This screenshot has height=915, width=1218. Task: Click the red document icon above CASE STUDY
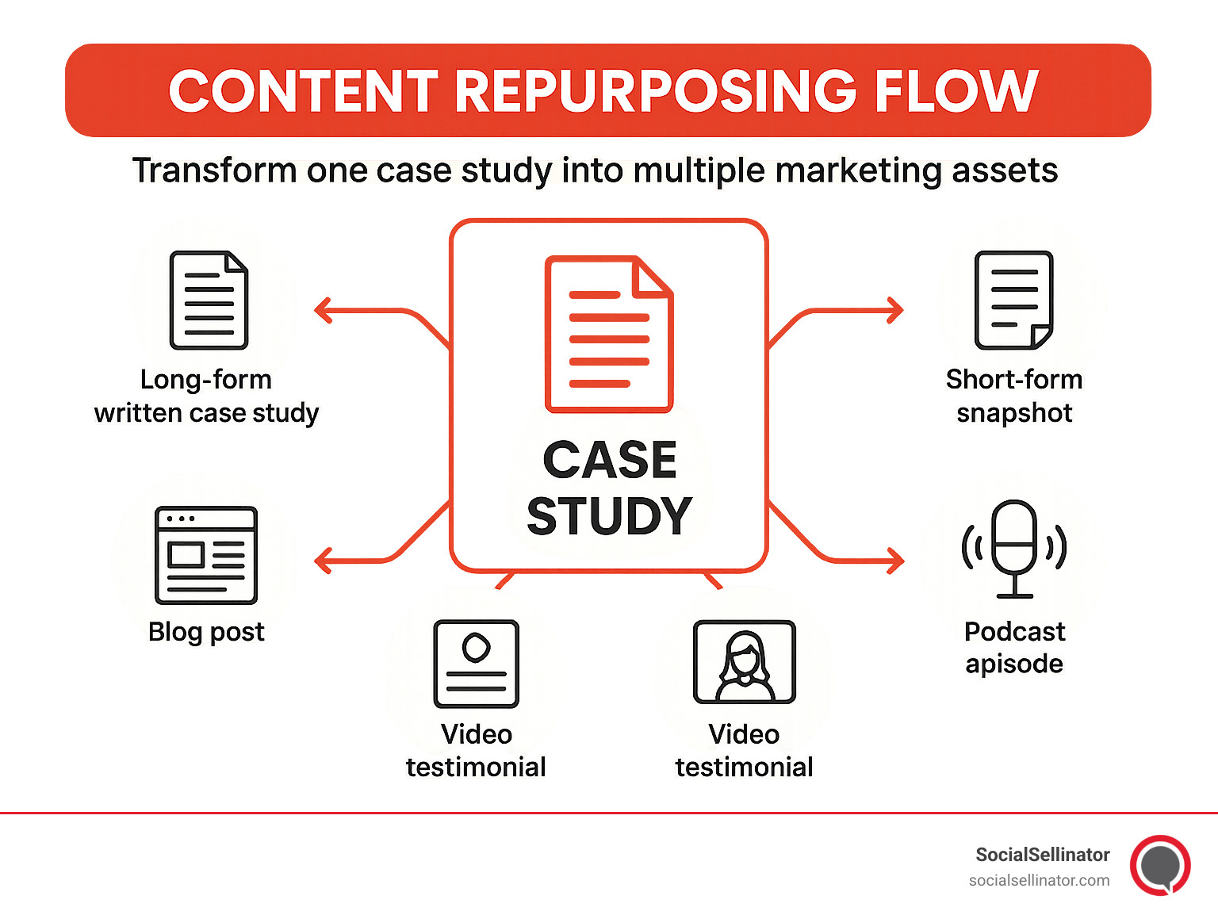[608, 334]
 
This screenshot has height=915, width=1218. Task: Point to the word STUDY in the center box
[609, 516]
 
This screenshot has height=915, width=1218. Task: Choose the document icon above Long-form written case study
[209, 301]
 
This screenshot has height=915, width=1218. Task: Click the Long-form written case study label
[206, 396]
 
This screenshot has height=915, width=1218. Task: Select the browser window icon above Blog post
[206, 555]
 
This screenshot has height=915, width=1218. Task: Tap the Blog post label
[206, 632]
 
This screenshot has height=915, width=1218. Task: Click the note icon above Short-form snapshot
[1013, 301]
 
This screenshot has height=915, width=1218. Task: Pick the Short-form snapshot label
[1014, 396]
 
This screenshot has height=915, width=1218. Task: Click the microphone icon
[1014, 548]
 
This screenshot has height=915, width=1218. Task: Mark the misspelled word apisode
[1014, 664]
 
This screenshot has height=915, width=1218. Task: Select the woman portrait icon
[744, 662]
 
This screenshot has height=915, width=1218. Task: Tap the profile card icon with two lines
[476, 664]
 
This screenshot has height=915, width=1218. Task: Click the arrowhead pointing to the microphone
[895, 561]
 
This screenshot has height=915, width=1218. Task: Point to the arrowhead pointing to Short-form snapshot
[895, 310]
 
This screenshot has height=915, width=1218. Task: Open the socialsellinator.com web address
[1039, 880]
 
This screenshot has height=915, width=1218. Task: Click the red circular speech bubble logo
[1160, 865]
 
